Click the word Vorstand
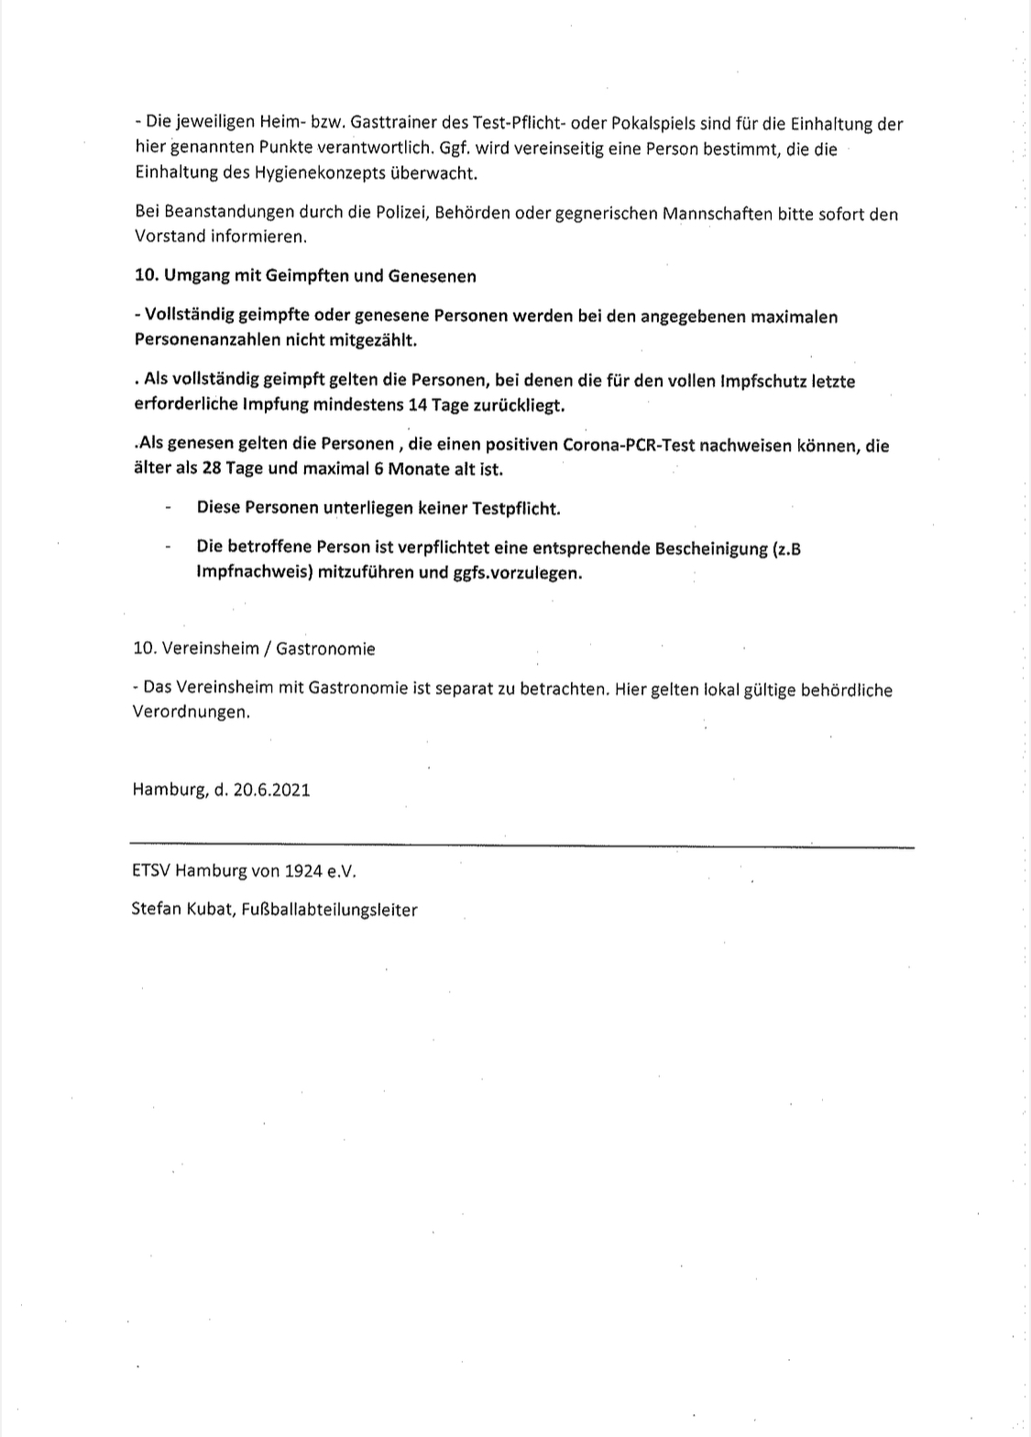pos(168,236)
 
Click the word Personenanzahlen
pos(202,339)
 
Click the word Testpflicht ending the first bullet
pos(515,508)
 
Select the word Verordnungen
pos(190,713)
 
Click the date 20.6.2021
pos(271,789)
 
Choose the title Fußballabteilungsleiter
pos(330,911)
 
